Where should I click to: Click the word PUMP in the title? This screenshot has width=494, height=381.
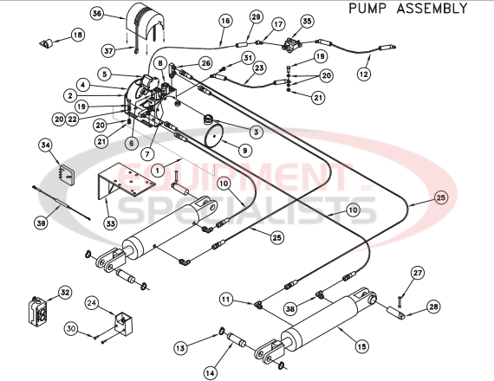(x=367, y=9)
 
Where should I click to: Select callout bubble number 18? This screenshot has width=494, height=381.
(x=77, y=35)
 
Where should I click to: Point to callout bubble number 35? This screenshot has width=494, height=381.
(x=307, y=20)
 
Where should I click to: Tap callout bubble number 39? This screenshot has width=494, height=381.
(x=41, y=223)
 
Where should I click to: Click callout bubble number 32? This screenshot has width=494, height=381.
(x=64, y=293)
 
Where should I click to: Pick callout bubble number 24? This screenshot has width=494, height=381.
(x=93, y=304)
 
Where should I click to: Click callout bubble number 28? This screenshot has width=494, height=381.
(x=433, y=307)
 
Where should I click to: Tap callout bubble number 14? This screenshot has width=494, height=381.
(x=210, y=373)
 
